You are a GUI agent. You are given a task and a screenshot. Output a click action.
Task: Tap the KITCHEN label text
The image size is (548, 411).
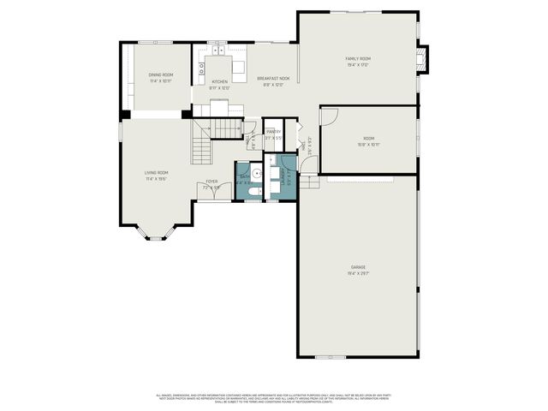(x=220, y=82)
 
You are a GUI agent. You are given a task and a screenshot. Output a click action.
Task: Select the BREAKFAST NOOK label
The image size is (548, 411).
(x=275, y=79)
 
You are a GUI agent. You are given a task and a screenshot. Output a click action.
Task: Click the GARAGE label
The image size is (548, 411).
(x=358, y=267)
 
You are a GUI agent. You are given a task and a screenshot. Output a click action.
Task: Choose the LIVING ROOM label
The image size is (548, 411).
(x=156, y=173)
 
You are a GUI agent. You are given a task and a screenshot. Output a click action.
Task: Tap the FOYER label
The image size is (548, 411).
(x=211, y=182)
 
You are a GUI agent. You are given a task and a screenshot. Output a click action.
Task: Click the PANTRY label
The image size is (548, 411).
(x=273, y=131)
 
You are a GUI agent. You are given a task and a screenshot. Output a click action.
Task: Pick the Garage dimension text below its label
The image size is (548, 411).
(x=358, y=274)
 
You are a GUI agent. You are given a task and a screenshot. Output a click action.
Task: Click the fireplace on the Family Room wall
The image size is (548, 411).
(x=420, y=59)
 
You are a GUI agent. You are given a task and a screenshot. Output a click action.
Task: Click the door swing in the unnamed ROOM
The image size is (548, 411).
(x=330, y=116)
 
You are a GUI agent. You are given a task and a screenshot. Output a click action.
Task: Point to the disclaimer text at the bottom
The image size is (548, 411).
(x=273, y=397)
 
